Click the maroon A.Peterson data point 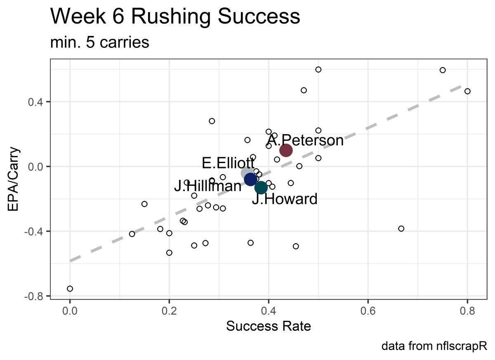pos(286,150)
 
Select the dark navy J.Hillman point pos(250,179)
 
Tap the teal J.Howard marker pos(261,187)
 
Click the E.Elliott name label pos(228,163)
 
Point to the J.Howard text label pos(285,199)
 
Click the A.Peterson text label pos(305,140)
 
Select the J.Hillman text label pos(207,186)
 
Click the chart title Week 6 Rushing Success pos(175,17)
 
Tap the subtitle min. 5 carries pos(99,42)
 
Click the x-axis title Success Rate pos(268,326)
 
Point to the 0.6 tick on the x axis pos(368,310)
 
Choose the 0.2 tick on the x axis pos(169,310)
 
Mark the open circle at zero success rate pos(70,289)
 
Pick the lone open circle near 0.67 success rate pos(401,229)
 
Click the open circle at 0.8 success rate pos(467,91)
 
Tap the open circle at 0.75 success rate pos(443,70)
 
